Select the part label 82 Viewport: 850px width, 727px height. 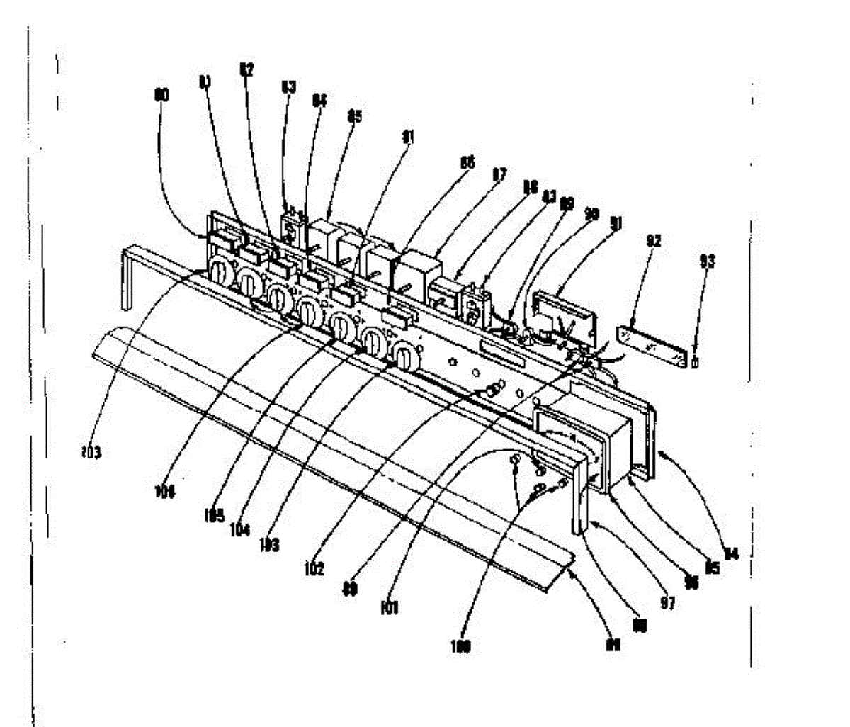246,71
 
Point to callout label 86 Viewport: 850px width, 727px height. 467,163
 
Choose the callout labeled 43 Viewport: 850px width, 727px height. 548,196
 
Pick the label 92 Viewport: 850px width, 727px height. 653,241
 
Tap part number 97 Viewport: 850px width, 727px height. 667,603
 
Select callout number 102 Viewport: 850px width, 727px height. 315,568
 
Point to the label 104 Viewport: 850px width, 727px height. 240,529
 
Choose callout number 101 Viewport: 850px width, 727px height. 390,607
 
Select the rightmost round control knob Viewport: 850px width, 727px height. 404,356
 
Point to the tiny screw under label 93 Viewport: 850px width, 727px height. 695,363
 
